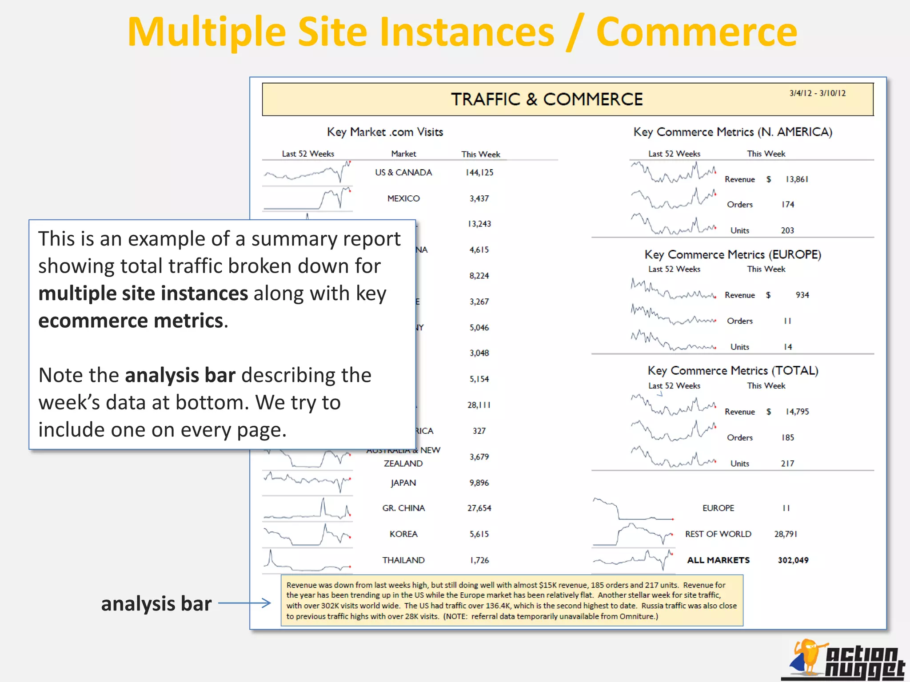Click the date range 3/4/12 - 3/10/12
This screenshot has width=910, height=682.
pyautogui.click(x=817, y=93)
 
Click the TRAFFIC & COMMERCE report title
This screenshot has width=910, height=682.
pyautogui.click(x=547, y=99)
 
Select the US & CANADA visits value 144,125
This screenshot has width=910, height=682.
pyautogui.click(x=479, y=173)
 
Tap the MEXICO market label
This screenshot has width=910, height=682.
pyautogui.click(x=403, y=198)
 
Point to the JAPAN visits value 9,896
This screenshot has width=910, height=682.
pyautogui.click(x=479, y=483)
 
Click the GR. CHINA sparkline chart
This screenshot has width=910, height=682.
pyautogui.click(x=307, y=509)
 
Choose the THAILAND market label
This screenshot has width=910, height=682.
pyautogui.click(x=403, y=560)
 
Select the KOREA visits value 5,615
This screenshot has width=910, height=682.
pyautogui.click(x=479, y=534)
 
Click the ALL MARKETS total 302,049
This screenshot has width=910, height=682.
pyautogui.click(x=793, y=560)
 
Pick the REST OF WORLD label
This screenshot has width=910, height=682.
pyautogui.click(x=718, y=534)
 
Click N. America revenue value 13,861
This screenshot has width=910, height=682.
pyautogui.click(x=797, y=179)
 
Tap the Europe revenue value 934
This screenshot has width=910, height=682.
pyautogui.click(x=802, y=295)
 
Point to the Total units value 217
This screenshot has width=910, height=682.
pyautogui.click(x=787, y=464)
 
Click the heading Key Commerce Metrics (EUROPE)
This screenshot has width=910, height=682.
pyautogui.click(x=733, y=254)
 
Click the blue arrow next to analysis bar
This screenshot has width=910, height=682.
pyautogui.click(x=244, y=603)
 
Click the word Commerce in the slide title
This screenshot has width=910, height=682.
pyautogui.click(x=696, y=32)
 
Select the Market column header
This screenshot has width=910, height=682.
pyautogui.click(x=403, y=154)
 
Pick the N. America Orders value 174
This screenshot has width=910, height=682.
pyautogui.click(x=788, y=205)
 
